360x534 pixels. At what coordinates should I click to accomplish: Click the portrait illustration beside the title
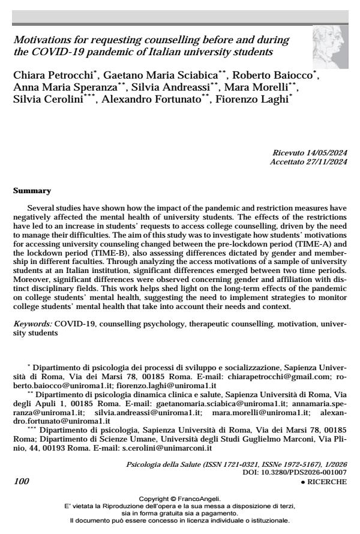(x=329, y=50)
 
